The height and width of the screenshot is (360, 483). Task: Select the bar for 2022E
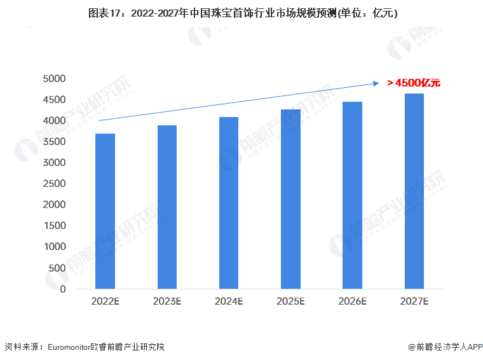(105, 211)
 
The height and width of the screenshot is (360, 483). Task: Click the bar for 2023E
(167, 207)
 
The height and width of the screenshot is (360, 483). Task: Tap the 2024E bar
(229, 203)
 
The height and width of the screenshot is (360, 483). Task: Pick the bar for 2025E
(290, 199)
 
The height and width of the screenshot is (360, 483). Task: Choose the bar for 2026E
(353, 195)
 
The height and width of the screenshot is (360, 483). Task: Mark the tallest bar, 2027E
(414, 191)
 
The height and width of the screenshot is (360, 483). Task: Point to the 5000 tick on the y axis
(54, 79)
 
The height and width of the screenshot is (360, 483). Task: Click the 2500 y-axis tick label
(54, 184)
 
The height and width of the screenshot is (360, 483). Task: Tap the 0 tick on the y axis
(63, 289)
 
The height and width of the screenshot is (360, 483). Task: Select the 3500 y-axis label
(54, 142)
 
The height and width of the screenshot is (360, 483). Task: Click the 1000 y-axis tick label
(54, 247)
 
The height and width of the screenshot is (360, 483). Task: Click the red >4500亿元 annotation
(414, 83)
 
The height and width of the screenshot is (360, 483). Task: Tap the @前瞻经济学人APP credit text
(446, 347)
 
